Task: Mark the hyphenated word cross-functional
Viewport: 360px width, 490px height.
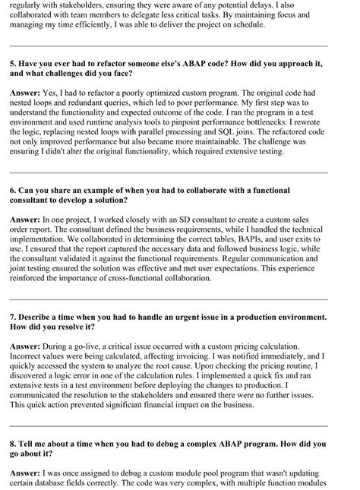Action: [192, 288]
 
